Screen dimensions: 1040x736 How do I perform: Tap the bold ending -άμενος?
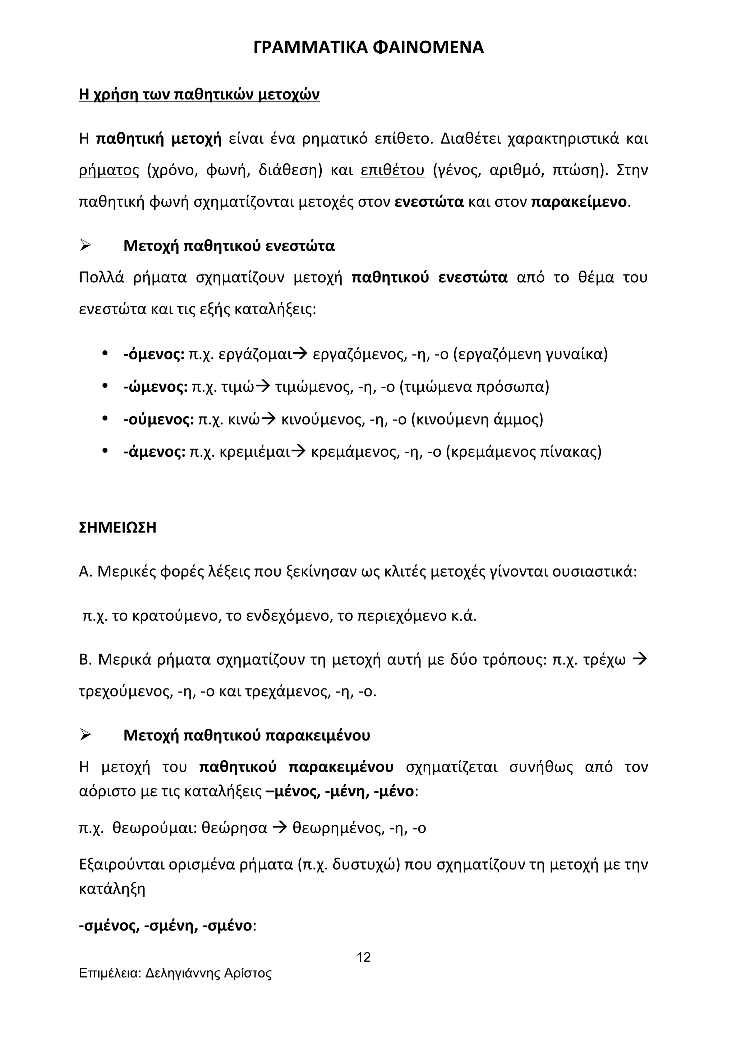click(154, 452)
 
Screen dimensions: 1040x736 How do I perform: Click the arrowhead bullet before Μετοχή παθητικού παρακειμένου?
click(85, 735)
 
